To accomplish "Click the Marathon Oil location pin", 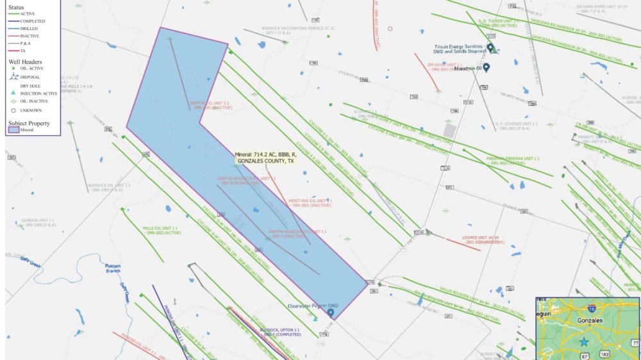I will [x=487, y=67].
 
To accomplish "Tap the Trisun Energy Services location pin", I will [x=490, y=48].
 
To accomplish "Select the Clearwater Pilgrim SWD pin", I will [x=330, y=313].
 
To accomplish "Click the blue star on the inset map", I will [x=584, y=342].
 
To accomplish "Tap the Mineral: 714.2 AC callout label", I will [x=265, y=158].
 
